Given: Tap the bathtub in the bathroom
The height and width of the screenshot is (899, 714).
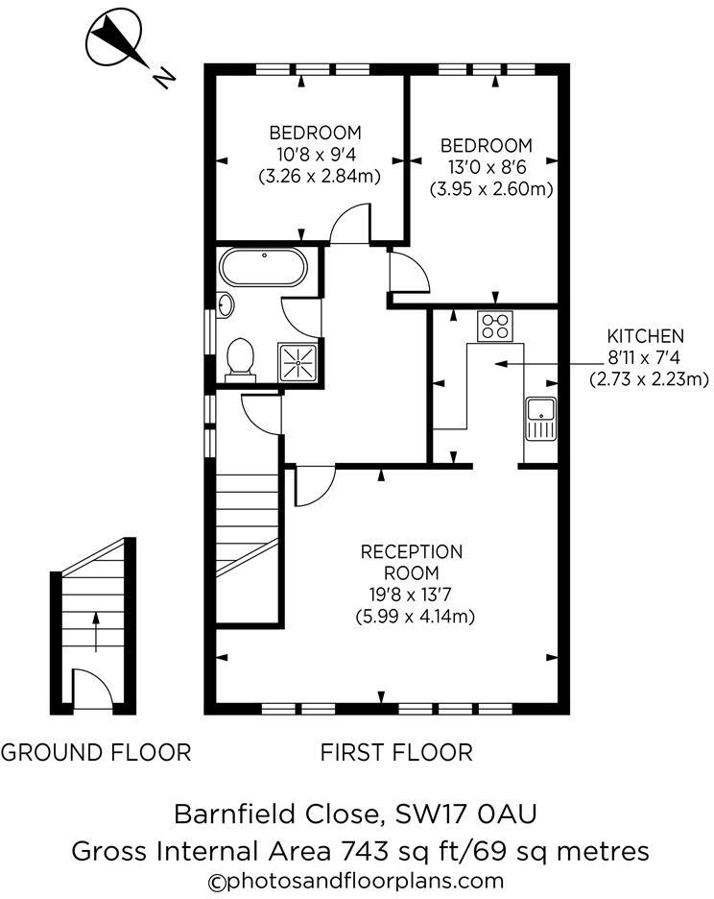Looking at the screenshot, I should pyautogui.click(x=263, y=267).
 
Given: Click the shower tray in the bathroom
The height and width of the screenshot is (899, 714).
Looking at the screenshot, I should pyautogui.click(x=299, y=361).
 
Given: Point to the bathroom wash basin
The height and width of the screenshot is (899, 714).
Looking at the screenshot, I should pyautogui.click(x=225, y=305).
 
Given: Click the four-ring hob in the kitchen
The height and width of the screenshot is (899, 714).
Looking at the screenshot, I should pyautogui.click(x=496, y=326).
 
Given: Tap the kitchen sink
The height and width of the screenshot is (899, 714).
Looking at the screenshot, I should pyautogui.click(x=541, y=419).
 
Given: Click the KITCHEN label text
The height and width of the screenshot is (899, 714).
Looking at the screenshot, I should pyautogui.click(x=645, y=336).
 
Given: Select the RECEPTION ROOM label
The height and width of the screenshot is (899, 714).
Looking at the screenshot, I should pyautogui.click(x=412, y=562).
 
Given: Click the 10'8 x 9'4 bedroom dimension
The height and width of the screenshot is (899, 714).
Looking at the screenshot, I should pyautogui.click(x=315, y=155).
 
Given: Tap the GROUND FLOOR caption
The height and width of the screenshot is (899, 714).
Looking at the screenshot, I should pyautogui.click(x=95, y=752).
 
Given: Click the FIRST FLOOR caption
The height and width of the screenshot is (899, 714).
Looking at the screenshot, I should pyautogui.click(x=396, y=752).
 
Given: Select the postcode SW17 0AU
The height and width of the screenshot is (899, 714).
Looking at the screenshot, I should pyautogui.click(x=465, y=814).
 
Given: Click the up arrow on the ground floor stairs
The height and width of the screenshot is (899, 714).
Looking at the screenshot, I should pyautogui.click(x=94, y=629).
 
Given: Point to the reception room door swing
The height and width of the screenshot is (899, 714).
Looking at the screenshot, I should pyautogui.click(x=312, y=485).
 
